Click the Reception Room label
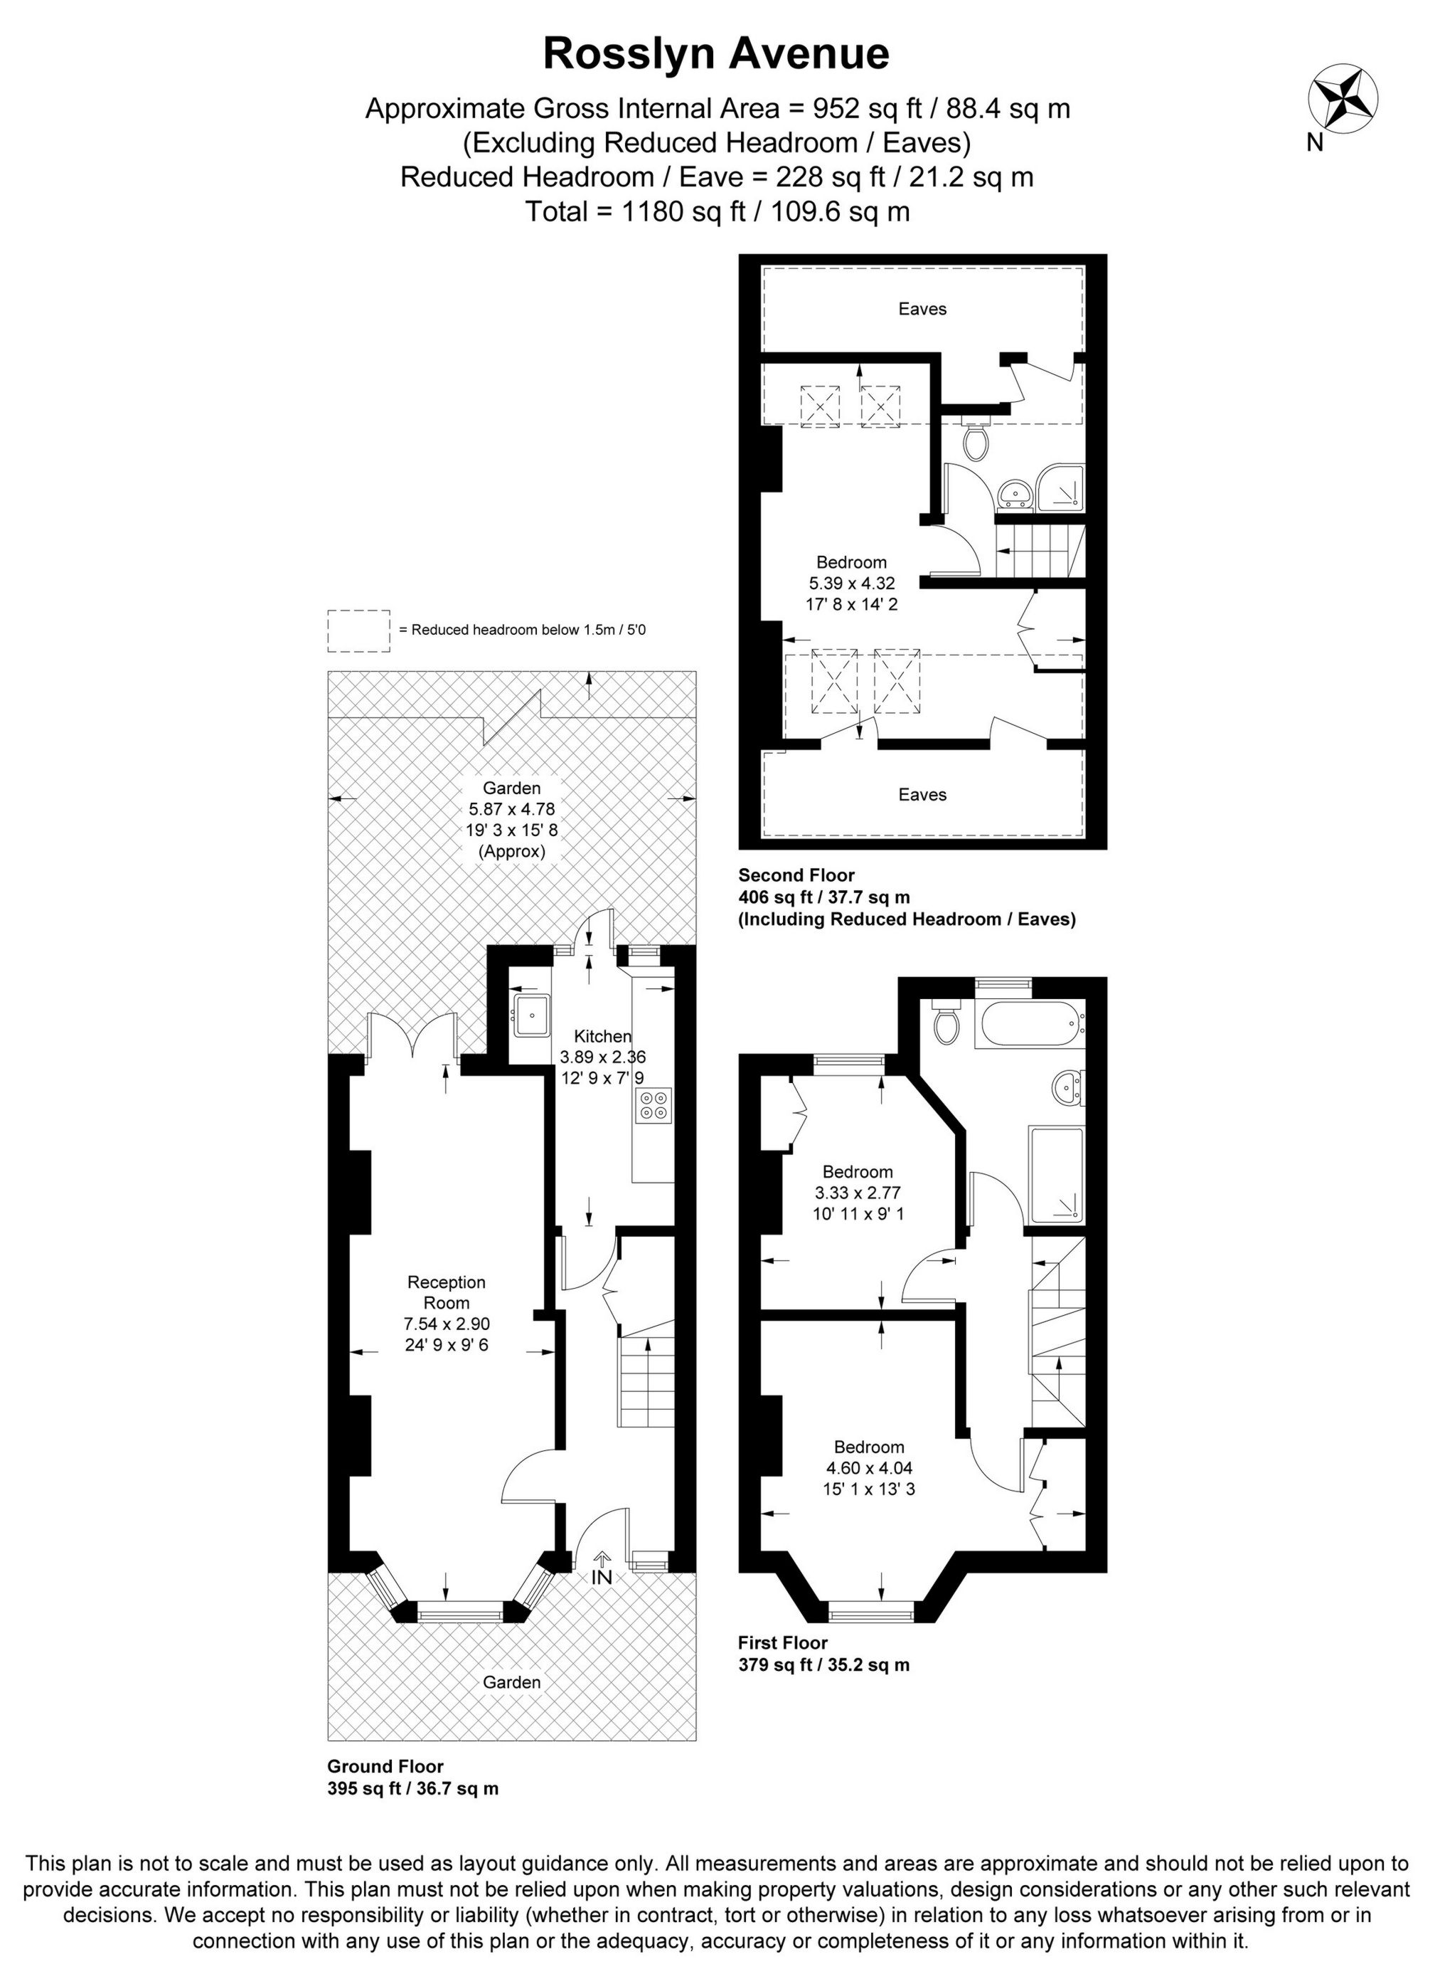click(447, 1292)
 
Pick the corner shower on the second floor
click(1063, 487)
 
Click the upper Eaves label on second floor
click(922, 309)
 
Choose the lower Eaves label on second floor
click(922, 794)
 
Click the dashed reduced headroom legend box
click(358, 630)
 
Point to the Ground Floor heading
click(385, 1767)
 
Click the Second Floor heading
click(796, 875)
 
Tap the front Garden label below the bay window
click(512, 1682)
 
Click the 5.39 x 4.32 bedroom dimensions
click(852, 583)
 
